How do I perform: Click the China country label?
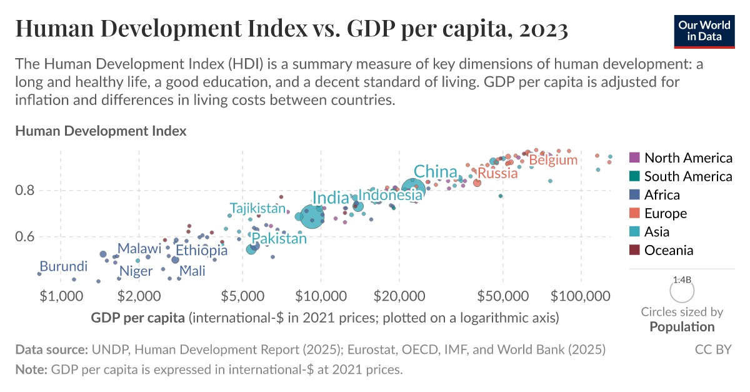pyautogui.click(x=436, y=172)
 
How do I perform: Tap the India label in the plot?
pyautogui.click(x=331, y=198)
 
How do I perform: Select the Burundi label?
pyautogui.click(x=63, y=266)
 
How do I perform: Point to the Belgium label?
pyautogui.click(x=553, y=160)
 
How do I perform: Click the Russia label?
pyautogui.click(x=497, y=173)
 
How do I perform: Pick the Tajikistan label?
pyautogui.click(x=257, y=208)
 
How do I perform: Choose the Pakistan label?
pyautogui.click(x=279, y=238)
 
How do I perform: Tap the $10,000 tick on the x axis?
pyautogui.click(x=321, y=294)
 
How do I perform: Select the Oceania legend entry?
pyautogui.click(x=669, y=250)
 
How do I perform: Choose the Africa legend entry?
pyautogui.click(x=662, y=194)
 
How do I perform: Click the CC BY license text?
pyautogui.click(x=713, y=349)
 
